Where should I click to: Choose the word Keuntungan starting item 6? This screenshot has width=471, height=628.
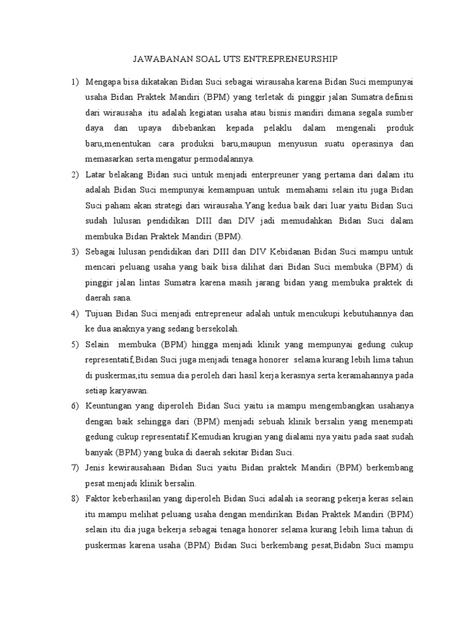coord(109,406)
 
